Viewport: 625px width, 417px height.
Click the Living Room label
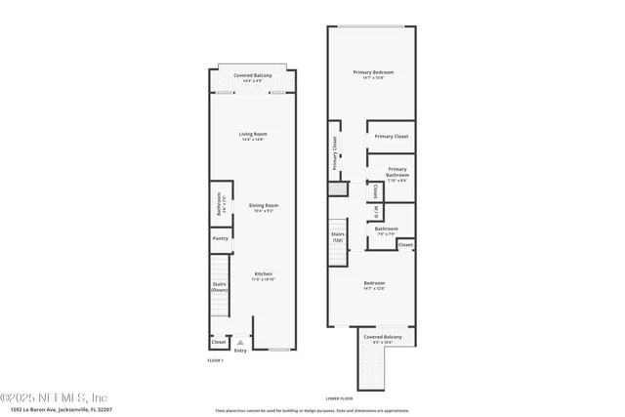pyautogui.click(x=254, y=134)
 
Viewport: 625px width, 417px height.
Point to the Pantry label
pyautogui.click(x=220, y=238)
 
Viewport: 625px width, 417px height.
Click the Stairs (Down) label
pyautogui.click(x=220, y=286)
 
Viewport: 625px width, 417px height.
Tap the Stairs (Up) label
pyautogui.click(x=338, y=236)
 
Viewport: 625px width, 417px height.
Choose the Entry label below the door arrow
pyautogui.click(x=241, y=351)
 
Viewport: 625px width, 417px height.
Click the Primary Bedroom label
pyautogui.click(x=371, y=73)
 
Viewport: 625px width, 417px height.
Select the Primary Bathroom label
pyautogui.click(x=391, y=173)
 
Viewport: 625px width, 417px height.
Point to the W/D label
pyautogui.click(x=375, y=211)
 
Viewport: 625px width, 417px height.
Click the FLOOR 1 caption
pyautogui.click(x=215, y=361)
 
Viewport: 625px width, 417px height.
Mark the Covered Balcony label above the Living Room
pyautogui.click(x=253, y=75)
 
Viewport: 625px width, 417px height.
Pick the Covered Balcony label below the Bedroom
pyautogui.click(x=383, y=337)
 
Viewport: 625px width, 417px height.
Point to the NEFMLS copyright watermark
pyautogui.click(x=54, y=396)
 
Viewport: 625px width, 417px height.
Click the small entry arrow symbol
pyautogui.click(x=241, y=342)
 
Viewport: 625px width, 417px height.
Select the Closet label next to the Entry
pyautogui.click(x=219, y=342)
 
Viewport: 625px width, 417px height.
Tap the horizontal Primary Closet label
pyautogui.click(x=391, y=137)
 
